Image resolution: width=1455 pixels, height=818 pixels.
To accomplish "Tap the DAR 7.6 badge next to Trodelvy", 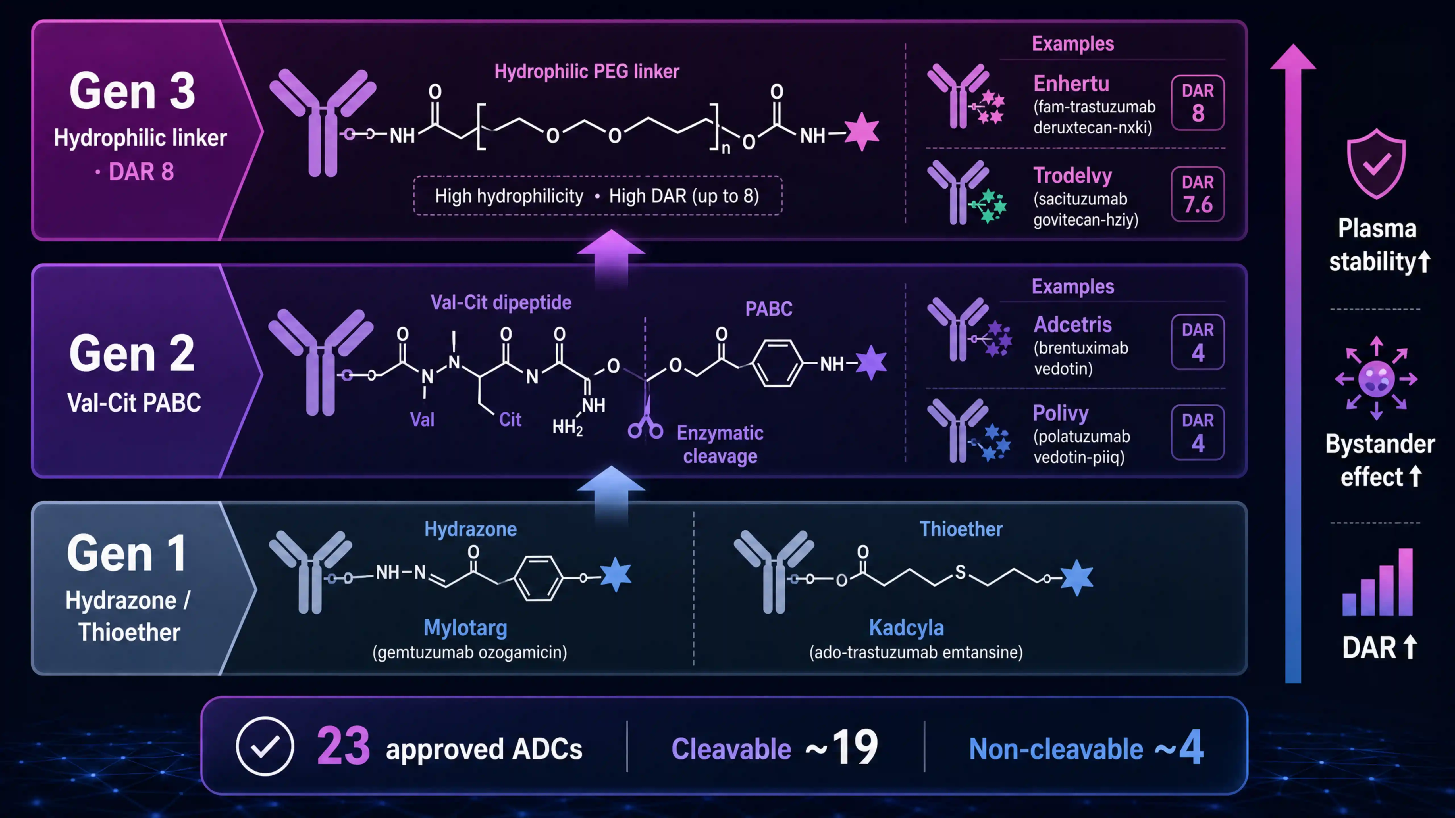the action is [1198, 194].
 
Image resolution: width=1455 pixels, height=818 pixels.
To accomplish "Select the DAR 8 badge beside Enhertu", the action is [1198, 102].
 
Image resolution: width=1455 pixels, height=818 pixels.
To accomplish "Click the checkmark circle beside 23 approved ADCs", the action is [265, 746].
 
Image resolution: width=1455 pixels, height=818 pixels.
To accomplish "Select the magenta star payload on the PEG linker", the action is [861, 132].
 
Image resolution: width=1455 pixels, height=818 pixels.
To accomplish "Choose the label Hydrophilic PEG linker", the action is [587, 72].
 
